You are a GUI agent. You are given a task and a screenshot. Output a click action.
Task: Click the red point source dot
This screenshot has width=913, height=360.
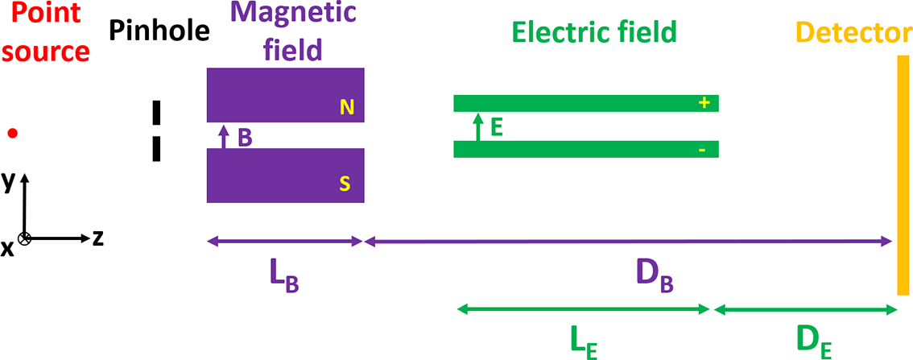point(12,133)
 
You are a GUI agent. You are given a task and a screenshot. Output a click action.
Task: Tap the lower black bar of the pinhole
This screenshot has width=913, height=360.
point(157,149)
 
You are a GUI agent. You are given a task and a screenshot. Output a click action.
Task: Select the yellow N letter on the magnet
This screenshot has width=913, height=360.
point(347,108)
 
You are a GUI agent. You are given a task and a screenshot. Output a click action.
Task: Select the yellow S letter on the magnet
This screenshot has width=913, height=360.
point(345,184)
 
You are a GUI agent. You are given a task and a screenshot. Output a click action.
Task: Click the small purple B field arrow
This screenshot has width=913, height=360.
point(225,135)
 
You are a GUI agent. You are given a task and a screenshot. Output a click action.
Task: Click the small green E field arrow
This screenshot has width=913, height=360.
point(477,127)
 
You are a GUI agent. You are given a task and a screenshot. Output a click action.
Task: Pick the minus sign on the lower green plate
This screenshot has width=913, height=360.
point(703,151)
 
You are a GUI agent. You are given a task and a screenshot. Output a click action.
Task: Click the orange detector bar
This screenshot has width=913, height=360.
point(903,174)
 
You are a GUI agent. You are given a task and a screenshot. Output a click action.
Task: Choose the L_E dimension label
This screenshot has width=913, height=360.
point(580,344)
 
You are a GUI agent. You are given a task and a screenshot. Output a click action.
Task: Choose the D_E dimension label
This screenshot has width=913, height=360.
point(814,344)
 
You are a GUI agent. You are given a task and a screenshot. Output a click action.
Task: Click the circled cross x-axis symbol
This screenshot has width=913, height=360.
point(25,238)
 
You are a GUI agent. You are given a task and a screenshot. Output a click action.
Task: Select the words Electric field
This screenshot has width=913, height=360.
point(595,32)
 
